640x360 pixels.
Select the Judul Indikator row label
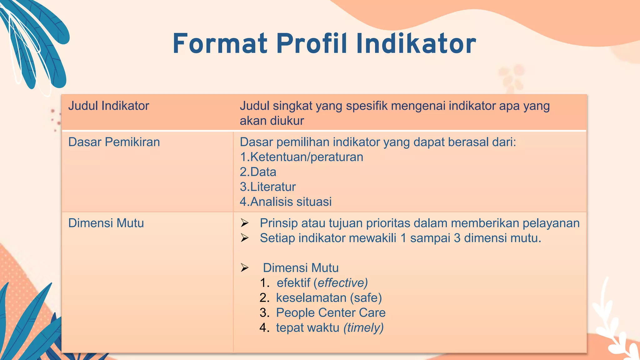108,106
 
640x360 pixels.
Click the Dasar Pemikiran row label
114,142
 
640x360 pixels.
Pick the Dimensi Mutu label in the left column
106,223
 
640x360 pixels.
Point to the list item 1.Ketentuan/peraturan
302,157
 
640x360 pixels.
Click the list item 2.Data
258,172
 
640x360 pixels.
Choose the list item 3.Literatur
267,187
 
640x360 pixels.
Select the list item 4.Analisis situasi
286,202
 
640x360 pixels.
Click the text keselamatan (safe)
329,298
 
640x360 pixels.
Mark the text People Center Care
331,313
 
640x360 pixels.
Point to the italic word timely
363,328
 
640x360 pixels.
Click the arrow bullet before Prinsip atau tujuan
245,223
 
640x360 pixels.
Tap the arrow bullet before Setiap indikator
245,238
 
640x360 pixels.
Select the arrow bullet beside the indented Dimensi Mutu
245,268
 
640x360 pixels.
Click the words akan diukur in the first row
272,121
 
